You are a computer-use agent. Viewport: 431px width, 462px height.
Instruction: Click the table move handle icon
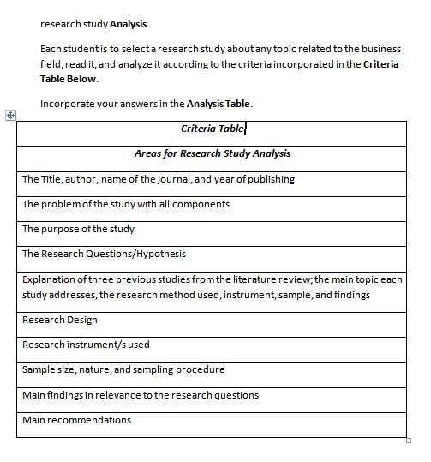[10, 115]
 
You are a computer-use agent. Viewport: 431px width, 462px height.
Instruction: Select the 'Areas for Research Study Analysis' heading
[212, 154]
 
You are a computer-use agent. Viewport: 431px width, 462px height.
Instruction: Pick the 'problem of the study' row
[126, 205]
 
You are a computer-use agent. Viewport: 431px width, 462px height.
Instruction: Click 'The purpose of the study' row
[78, 230]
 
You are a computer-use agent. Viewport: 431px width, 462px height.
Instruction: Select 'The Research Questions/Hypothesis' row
[104, 255]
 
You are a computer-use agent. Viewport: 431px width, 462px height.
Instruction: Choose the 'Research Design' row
[60, 321]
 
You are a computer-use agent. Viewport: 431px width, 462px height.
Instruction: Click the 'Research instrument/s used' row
[86, 345]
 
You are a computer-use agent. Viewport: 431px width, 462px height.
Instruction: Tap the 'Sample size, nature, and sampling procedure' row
[123, 370]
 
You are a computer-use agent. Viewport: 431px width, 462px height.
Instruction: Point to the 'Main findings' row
[141, 396]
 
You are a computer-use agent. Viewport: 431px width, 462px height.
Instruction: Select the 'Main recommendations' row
[77, 421]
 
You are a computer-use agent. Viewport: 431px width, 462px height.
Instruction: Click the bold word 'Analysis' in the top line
[129, 24]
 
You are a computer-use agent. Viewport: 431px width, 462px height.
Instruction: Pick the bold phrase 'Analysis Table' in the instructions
[218, 105]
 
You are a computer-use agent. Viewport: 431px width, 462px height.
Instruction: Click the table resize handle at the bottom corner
[409, 440]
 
